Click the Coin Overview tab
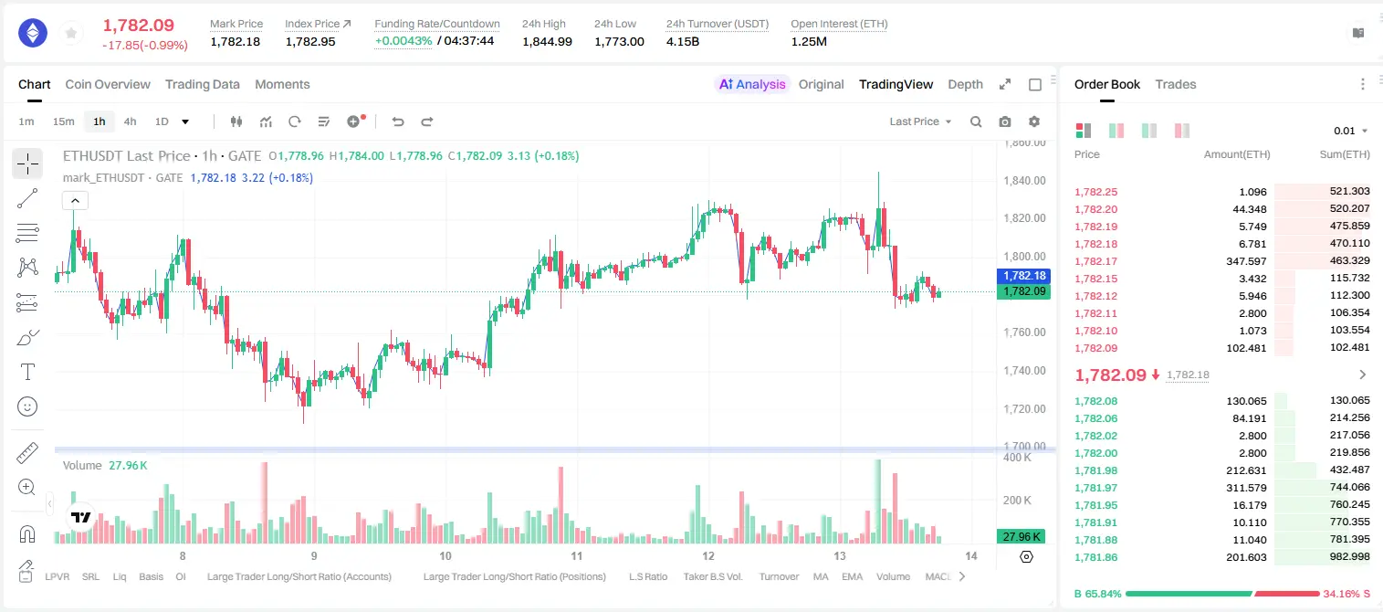[x=108, y=84]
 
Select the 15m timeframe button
[x=63, y=121]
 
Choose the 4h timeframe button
[x=130, y=121]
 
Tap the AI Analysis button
[x=752, y=84]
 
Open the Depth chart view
[x=965, y=84]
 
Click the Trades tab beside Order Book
[x=1176, y=84]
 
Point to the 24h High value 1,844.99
[x=547, y=41]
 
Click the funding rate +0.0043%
[x=403, y=41]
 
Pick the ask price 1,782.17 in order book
[x=1096, y=261]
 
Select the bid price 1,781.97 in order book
[x=1096, y=488]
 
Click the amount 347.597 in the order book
[x=1246, y=261]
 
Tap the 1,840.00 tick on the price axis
[x=1024, y=180]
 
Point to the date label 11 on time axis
[x=577, y=555]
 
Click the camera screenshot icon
[x=1005, y=121]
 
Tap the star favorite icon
[x=71, y=33]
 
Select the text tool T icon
[x=27, y=372]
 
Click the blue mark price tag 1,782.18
[x=1023, y=276]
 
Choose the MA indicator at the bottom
[x=821, y=576]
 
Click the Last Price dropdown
[x=920, y=121]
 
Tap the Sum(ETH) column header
[x=1345, y=154]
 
